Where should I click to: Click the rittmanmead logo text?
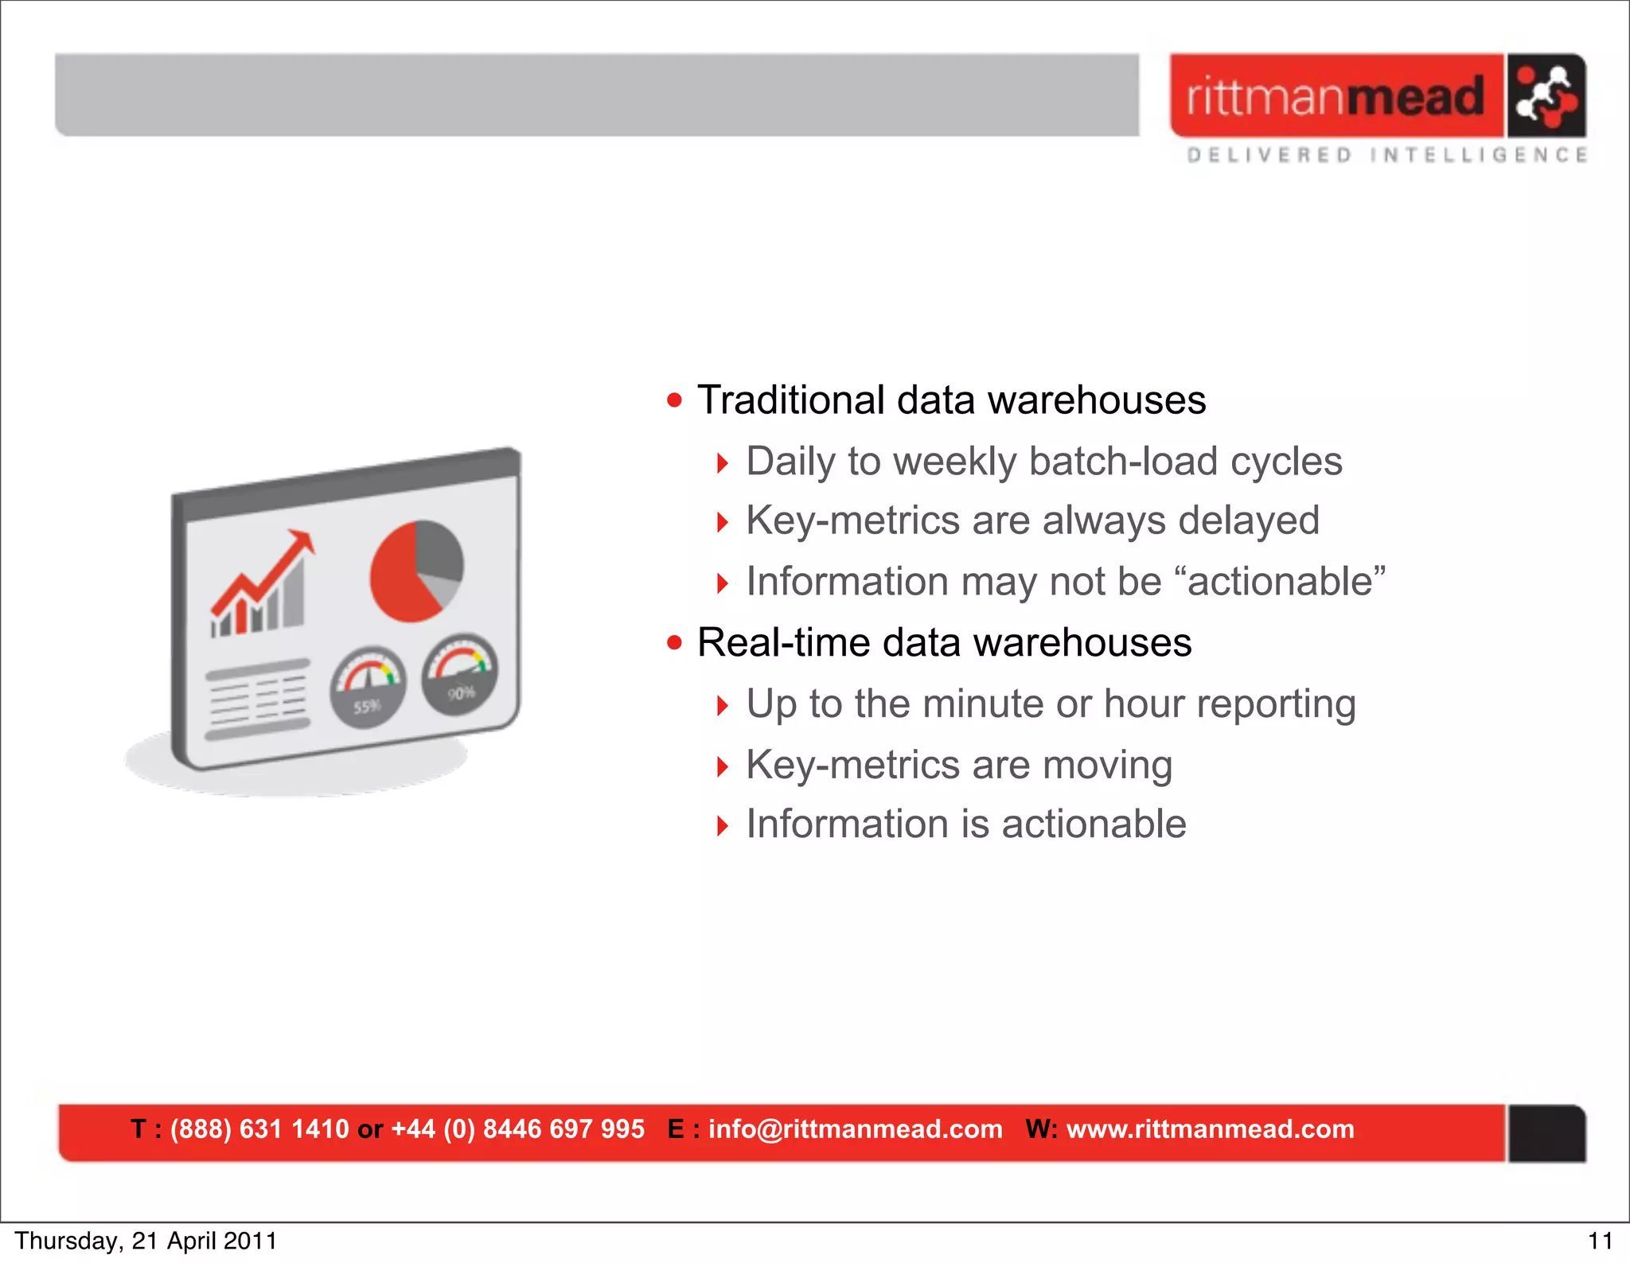click(1336, 96)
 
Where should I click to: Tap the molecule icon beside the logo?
click(1546, 96)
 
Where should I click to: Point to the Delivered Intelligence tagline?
click(1386, 154)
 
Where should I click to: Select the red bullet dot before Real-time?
click(675, 642)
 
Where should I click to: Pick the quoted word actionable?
click(1285, 581)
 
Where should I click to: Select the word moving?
click(1107, 765)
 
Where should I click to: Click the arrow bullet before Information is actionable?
click(722, 825)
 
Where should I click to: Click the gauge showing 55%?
click(368, 687)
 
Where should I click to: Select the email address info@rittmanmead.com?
click(855, 1129)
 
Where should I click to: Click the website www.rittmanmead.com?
click(1210, 1129)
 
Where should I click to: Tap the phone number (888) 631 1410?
click(259, 1129)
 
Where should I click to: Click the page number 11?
click(1600, 1241)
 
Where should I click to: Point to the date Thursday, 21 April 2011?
click(146, 1241)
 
